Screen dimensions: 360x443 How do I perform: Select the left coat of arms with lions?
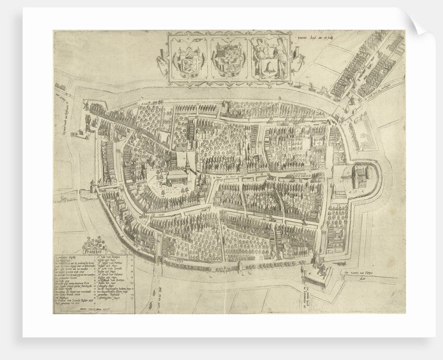(188, 59)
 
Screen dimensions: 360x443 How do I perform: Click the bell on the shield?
(269, 66)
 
